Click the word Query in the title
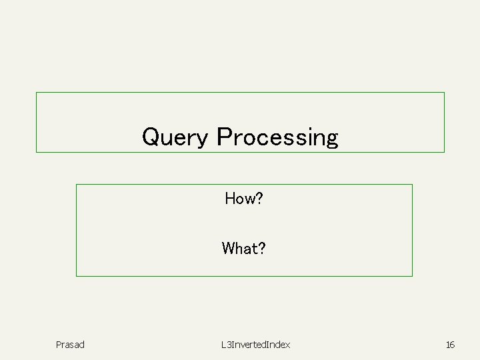[175, 137]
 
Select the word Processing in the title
[277, 137]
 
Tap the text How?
[244, 198]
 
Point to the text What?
[244, 249]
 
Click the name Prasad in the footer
[70, 345]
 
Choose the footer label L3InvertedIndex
[256, 345]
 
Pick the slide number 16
[450, 345]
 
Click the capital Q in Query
[151, 137]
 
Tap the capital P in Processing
[224, 137]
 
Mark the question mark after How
[259, 198]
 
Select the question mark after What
[262, 249]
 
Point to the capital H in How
[230, 198]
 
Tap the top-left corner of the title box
[36, 93]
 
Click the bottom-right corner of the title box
[444, 152]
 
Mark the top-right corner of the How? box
[412, 185]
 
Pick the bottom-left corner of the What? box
[77, 276]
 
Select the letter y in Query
[203, 139]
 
